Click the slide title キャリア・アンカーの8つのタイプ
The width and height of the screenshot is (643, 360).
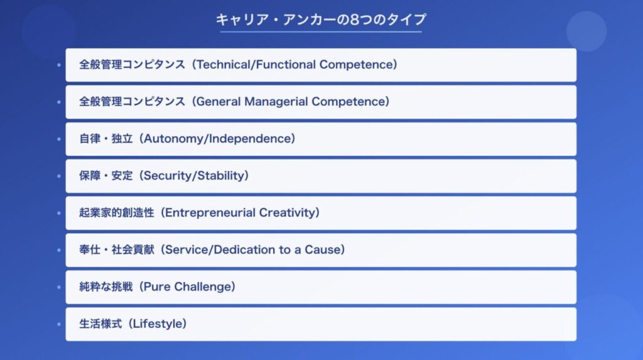pyautogui.click(x=321, y=19)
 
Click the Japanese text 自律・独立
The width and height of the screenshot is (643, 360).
pyautogui.click(x=105, y=139)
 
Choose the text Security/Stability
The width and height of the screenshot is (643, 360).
pyautogui.click(x=194, y=176)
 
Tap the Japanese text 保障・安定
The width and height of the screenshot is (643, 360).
pyautogui.click(x=105, y=176)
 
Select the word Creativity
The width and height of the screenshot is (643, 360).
pyautogui.click(x=287, y=212)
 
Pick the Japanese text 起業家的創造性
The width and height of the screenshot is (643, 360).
pyautogui.click(x=116, y=212)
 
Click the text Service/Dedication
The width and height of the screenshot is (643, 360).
pyautogui.click(x=220, y=249)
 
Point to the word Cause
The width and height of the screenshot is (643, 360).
pyautogui.click(x=322, y=249)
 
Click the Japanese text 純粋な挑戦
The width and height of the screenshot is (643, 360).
pyautogui.click(x=105, y=286)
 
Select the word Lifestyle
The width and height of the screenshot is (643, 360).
pyautogui.click(x=158, y=324)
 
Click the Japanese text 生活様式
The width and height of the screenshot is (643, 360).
pyautogui.click(x=100, y=324)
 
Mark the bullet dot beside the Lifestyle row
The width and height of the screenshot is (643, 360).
pyautogui.click(x=59, y=324)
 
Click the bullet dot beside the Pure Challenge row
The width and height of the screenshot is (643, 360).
pyautogui.click(x=59, y=287)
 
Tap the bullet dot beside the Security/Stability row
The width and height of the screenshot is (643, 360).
pyautogui.click(x=59, y=176)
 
